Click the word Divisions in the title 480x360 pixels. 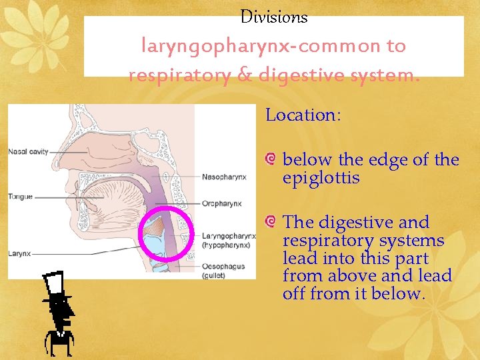273,17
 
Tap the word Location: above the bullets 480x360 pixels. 303,115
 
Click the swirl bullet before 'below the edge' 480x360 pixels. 271,159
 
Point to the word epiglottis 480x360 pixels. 321,178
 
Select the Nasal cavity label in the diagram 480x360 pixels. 28,151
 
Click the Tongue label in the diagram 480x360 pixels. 20,197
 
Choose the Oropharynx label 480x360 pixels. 222,203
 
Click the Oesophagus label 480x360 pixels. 223,266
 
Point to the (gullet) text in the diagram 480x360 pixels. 214,275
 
